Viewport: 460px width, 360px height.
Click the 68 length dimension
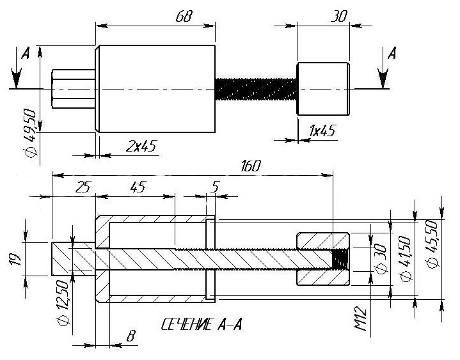click(x=184, y=17)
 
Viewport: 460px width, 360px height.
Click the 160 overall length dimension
click(x=251, y=166)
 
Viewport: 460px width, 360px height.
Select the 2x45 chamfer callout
click(x=141, y=146)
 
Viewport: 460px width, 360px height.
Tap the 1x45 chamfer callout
click(x=322, y=130)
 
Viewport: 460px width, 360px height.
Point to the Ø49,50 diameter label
click(x=31, y=134)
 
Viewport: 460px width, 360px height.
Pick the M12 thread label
click(x=361, y=318)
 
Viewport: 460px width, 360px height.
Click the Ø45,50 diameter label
click(x=433, y=244)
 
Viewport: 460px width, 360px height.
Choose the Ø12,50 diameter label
click(x=63, y=302)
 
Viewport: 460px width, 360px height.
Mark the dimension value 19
click(x=15, y=259)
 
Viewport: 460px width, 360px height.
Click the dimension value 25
click(x=83, y=187)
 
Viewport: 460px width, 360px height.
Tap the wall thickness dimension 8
click(x=131, y=336)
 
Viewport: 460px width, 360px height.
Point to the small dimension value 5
click(x=216, y=187)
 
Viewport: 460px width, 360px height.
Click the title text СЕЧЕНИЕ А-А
click(x=202, y=324)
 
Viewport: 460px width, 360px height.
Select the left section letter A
click(x=26, y=53)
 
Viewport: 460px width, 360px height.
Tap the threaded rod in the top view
click(x=256, y=89)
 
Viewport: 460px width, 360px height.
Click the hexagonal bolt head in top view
click(x=74, y=89)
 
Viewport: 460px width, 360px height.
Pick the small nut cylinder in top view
click(x=323, y=88)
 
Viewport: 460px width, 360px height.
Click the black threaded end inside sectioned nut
click(x=340, y=259)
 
